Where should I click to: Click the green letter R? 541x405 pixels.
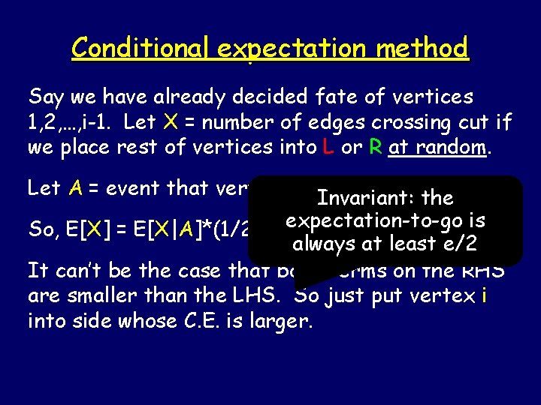[375, 147]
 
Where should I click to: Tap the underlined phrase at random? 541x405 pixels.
[439, 147]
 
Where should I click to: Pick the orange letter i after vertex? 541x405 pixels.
[484, 296]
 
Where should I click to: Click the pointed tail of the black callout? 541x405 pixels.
[299, 283]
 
